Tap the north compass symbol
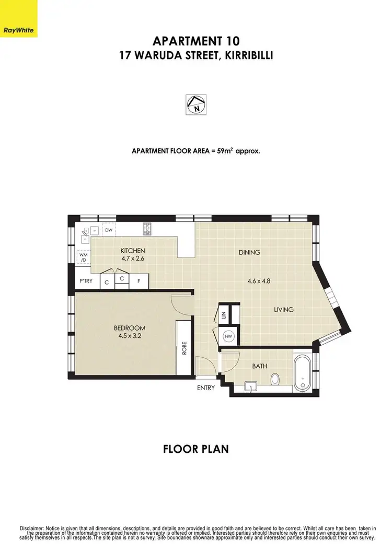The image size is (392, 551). (196, 104)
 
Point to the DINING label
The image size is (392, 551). (249, 252)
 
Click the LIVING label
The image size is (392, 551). (284, 310)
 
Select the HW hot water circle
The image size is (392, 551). (228, 337)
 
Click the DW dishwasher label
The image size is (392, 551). (109, 230)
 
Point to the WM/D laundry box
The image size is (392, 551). (83, 258)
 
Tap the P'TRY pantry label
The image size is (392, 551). (85, 282)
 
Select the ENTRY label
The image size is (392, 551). (206, 388)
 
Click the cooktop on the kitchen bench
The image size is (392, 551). (147, 228)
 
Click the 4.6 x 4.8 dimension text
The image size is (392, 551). (259, 281)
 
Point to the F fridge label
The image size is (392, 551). (139, 282)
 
